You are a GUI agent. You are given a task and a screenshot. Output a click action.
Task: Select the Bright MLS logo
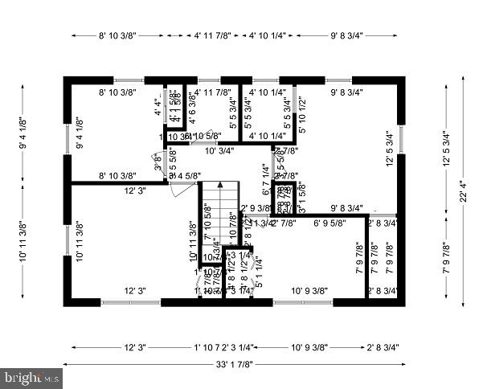[31, 376]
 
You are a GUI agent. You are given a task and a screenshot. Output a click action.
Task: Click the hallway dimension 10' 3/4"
[219, 150]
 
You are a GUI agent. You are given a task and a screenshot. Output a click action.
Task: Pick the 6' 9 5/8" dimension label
[330, 223]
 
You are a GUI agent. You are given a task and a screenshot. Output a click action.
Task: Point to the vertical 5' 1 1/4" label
[257, 275]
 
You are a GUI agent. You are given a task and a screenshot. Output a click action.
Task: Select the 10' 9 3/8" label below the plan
[310, 347]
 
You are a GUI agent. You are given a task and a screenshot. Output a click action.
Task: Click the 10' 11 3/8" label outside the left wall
[23, 241]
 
